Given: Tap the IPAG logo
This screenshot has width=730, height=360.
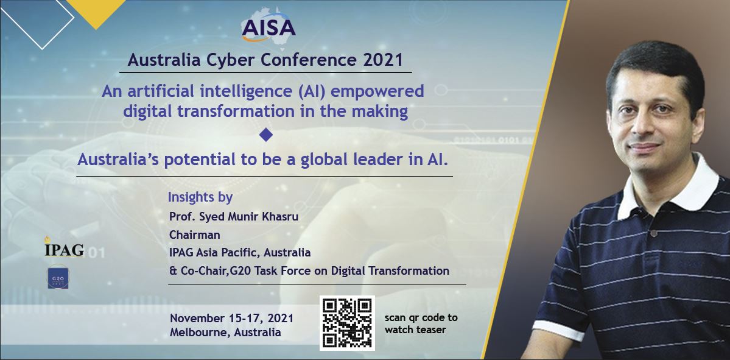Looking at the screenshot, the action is point(65,247).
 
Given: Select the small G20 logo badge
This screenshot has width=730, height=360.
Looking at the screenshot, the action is point(58,277).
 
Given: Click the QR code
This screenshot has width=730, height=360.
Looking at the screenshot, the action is point(347,323).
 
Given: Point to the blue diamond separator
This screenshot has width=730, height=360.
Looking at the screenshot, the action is point(266,135).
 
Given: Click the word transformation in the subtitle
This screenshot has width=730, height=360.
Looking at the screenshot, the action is point(221,111).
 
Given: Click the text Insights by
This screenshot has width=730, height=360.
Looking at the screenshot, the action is point(200,197).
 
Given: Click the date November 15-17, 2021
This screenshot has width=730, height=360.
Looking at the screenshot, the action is point(232,319).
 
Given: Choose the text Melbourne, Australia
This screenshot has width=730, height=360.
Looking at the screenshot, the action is point(225,333).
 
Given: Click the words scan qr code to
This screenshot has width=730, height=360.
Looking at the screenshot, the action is point(421,317).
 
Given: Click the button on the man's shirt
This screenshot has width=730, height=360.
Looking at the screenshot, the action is point(654,233).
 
